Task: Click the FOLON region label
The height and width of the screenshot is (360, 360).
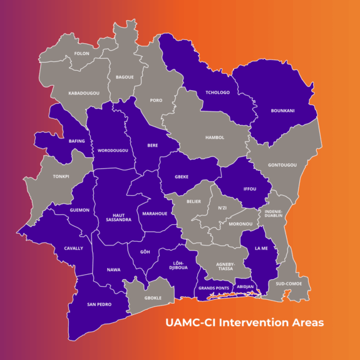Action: [82, 54]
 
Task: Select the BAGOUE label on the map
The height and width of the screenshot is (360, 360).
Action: [125, 77]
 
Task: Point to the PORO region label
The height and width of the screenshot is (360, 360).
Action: [156, 100]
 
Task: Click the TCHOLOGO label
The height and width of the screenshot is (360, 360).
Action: [218, 93]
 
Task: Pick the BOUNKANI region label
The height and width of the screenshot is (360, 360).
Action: [283, 111]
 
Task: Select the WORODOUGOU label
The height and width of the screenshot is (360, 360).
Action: [113, 151]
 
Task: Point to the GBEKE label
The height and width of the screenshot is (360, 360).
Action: [182, 177]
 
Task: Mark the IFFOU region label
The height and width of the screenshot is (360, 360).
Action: [249, 188]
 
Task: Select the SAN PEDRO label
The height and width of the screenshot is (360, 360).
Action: [100, 304]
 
